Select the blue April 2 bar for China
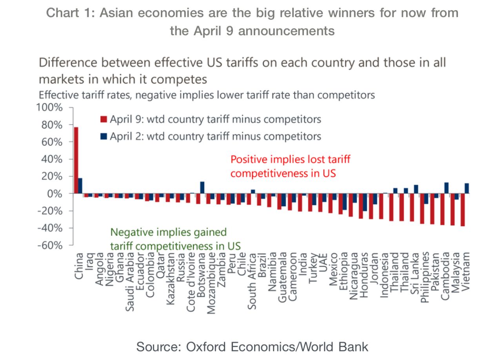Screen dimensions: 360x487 [80, 186]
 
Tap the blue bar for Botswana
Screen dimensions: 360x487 [202, 187]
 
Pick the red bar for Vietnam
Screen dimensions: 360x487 [463, 209]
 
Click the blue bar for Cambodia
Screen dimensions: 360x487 [446, 188]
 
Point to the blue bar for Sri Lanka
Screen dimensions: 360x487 [416, 189]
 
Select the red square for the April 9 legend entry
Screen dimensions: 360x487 [104, 119]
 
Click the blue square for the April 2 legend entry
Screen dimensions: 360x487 [104, 136]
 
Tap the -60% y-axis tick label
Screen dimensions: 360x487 [49, 245]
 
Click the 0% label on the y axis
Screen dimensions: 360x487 [55, 194]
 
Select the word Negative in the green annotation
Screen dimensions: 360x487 [130, 232]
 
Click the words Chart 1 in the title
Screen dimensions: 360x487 [69, 13]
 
